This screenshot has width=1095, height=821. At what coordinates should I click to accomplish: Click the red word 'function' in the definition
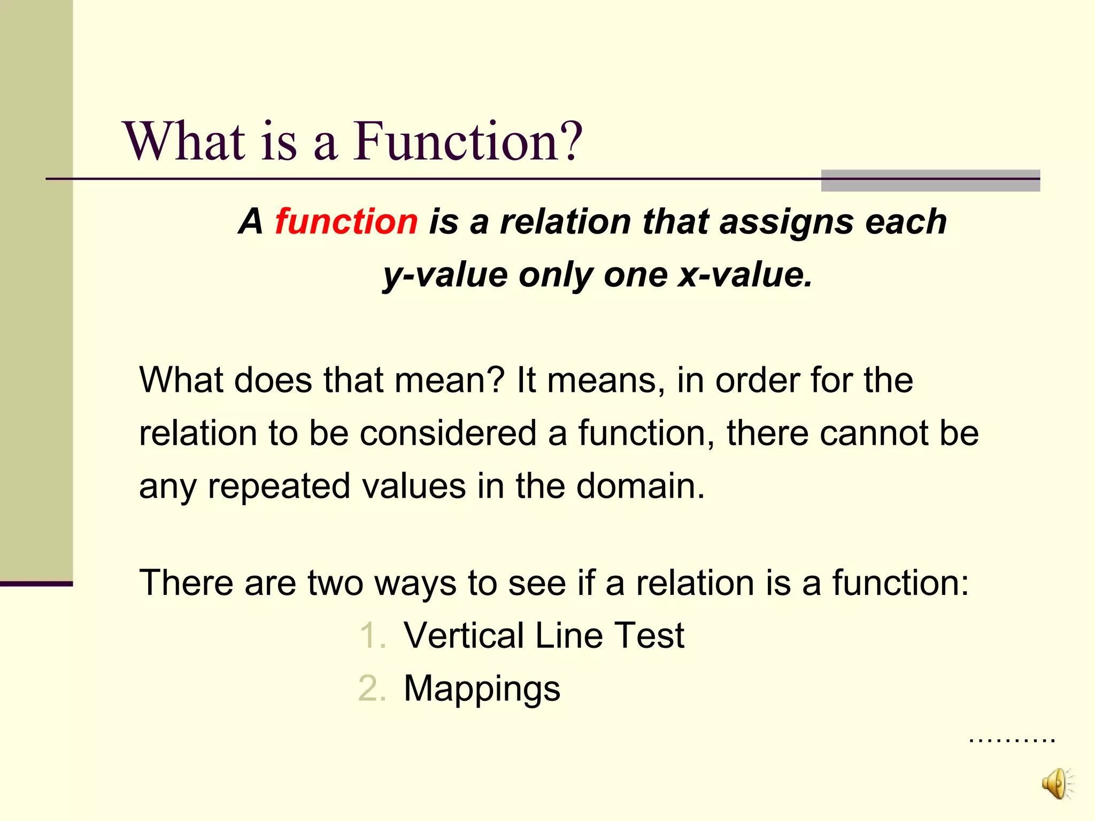(346, 221)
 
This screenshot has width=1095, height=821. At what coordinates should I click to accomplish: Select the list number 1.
(373, 636)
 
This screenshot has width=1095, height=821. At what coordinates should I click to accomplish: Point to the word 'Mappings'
(482, 688)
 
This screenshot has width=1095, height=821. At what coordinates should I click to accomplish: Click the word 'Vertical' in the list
(463, 636)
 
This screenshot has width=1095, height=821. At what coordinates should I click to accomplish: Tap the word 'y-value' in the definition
(445, 275)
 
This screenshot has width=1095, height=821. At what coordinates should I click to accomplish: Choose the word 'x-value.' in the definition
(745, 275)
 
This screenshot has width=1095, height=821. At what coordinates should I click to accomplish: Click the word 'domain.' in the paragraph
(641, 486)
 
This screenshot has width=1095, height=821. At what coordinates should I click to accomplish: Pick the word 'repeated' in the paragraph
(278, 486)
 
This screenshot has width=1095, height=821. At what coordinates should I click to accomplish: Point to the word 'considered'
(448, 432)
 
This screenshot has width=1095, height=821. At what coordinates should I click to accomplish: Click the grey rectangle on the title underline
(930, 181)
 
